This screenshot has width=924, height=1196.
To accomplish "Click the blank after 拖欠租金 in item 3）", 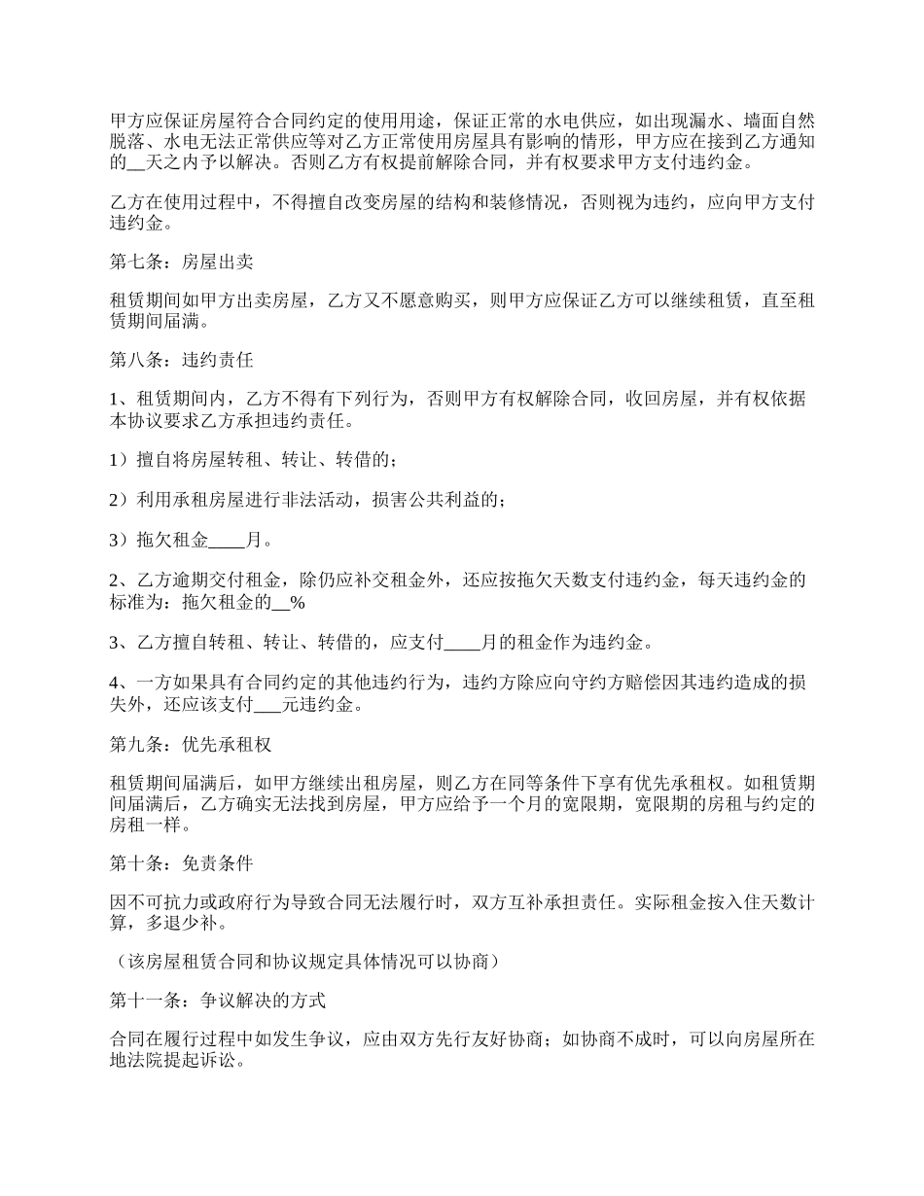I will (x=228, y=540).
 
